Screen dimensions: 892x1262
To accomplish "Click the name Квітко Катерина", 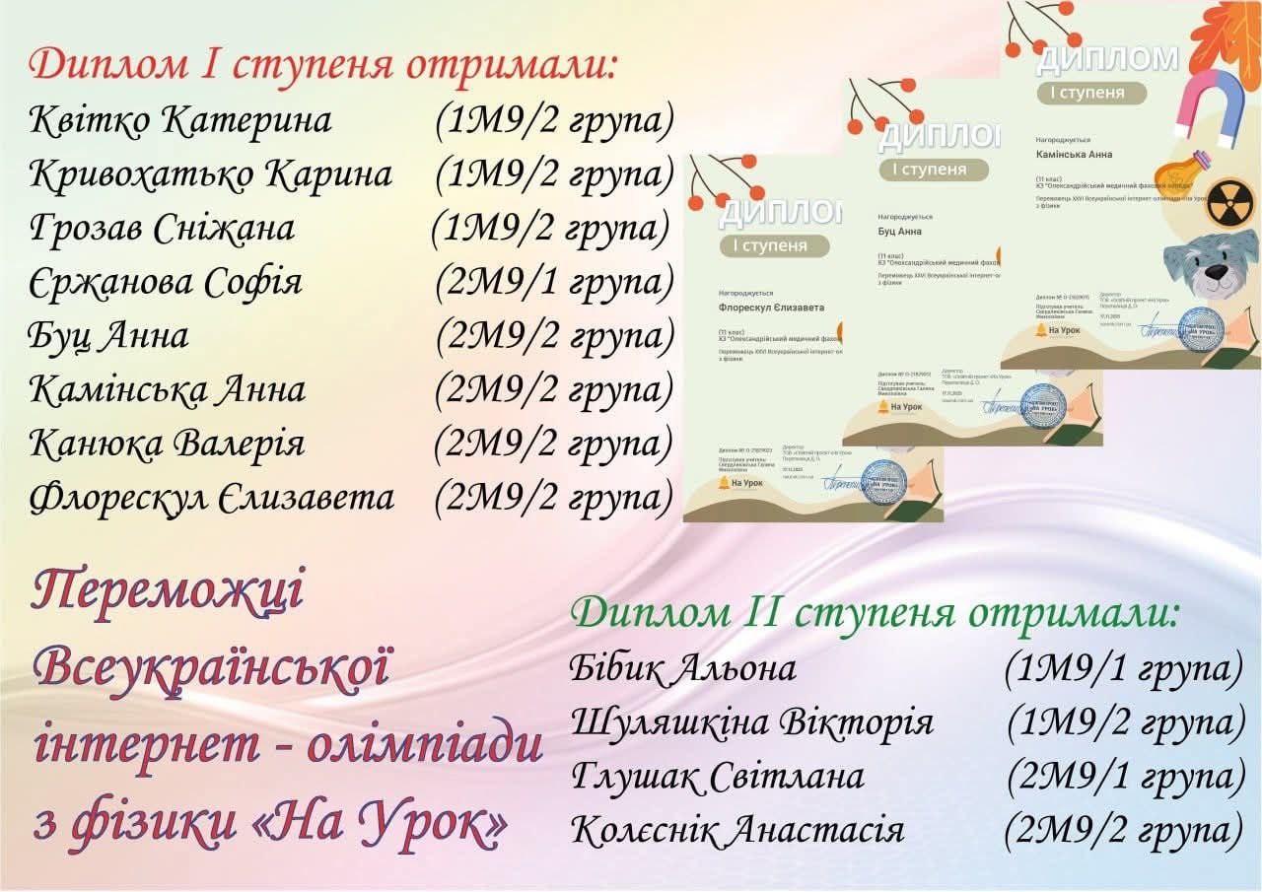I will pos(180,121).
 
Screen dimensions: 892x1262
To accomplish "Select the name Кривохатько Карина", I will pos(211,174).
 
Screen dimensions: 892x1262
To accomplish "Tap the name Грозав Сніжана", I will pos(162,229).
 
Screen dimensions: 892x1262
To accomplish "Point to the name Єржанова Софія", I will pos(166,283).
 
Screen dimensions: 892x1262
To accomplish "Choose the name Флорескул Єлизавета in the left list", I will pos(212,498).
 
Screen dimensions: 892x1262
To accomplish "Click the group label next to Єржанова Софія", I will pos(554,283).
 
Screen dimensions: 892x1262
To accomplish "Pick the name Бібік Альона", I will pos(682,669).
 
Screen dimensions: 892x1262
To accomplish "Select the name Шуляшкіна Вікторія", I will pos(751,722).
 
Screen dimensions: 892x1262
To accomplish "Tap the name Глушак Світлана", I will pos(718,777).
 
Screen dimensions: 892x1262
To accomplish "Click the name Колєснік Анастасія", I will pos(736,830).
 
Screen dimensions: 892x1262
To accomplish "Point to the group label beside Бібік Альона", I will pos(1123,669).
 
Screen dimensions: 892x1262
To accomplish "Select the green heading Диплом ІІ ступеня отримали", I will pos(875,612).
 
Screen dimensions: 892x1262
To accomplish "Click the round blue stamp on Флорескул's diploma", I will pos(883,481).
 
